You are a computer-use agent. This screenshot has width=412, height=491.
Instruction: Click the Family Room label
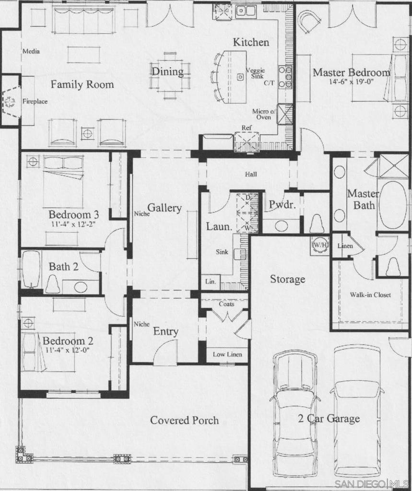[82, 84]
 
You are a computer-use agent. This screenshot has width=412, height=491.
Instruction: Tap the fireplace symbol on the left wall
[10, 102]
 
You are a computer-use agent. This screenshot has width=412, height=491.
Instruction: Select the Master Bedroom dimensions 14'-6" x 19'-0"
[351, 82]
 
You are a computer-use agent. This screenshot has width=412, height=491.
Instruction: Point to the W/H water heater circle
[319, 245]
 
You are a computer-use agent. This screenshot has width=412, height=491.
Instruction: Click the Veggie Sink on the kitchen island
[240, 77]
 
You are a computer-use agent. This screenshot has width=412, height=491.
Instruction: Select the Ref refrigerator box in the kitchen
[247, 141]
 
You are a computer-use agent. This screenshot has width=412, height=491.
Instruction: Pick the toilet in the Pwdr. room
[317, 223]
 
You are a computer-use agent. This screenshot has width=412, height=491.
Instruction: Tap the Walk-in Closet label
[370, 295]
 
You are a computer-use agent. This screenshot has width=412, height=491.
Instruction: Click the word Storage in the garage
[288, 279]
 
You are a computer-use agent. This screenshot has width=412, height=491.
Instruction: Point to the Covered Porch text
[185, 420]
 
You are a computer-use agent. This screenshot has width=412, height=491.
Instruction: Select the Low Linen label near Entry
[227, 354]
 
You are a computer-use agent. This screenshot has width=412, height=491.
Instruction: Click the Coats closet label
[226, 304]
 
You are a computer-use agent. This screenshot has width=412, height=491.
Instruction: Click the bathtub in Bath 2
[31, 269]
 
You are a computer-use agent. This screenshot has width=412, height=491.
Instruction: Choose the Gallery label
[164, 208]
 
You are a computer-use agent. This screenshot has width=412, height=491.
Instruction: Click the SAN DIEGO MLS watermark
[372, 483]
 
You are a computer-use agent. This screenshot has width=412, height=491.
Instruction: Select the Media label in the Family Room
[31, 51]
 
